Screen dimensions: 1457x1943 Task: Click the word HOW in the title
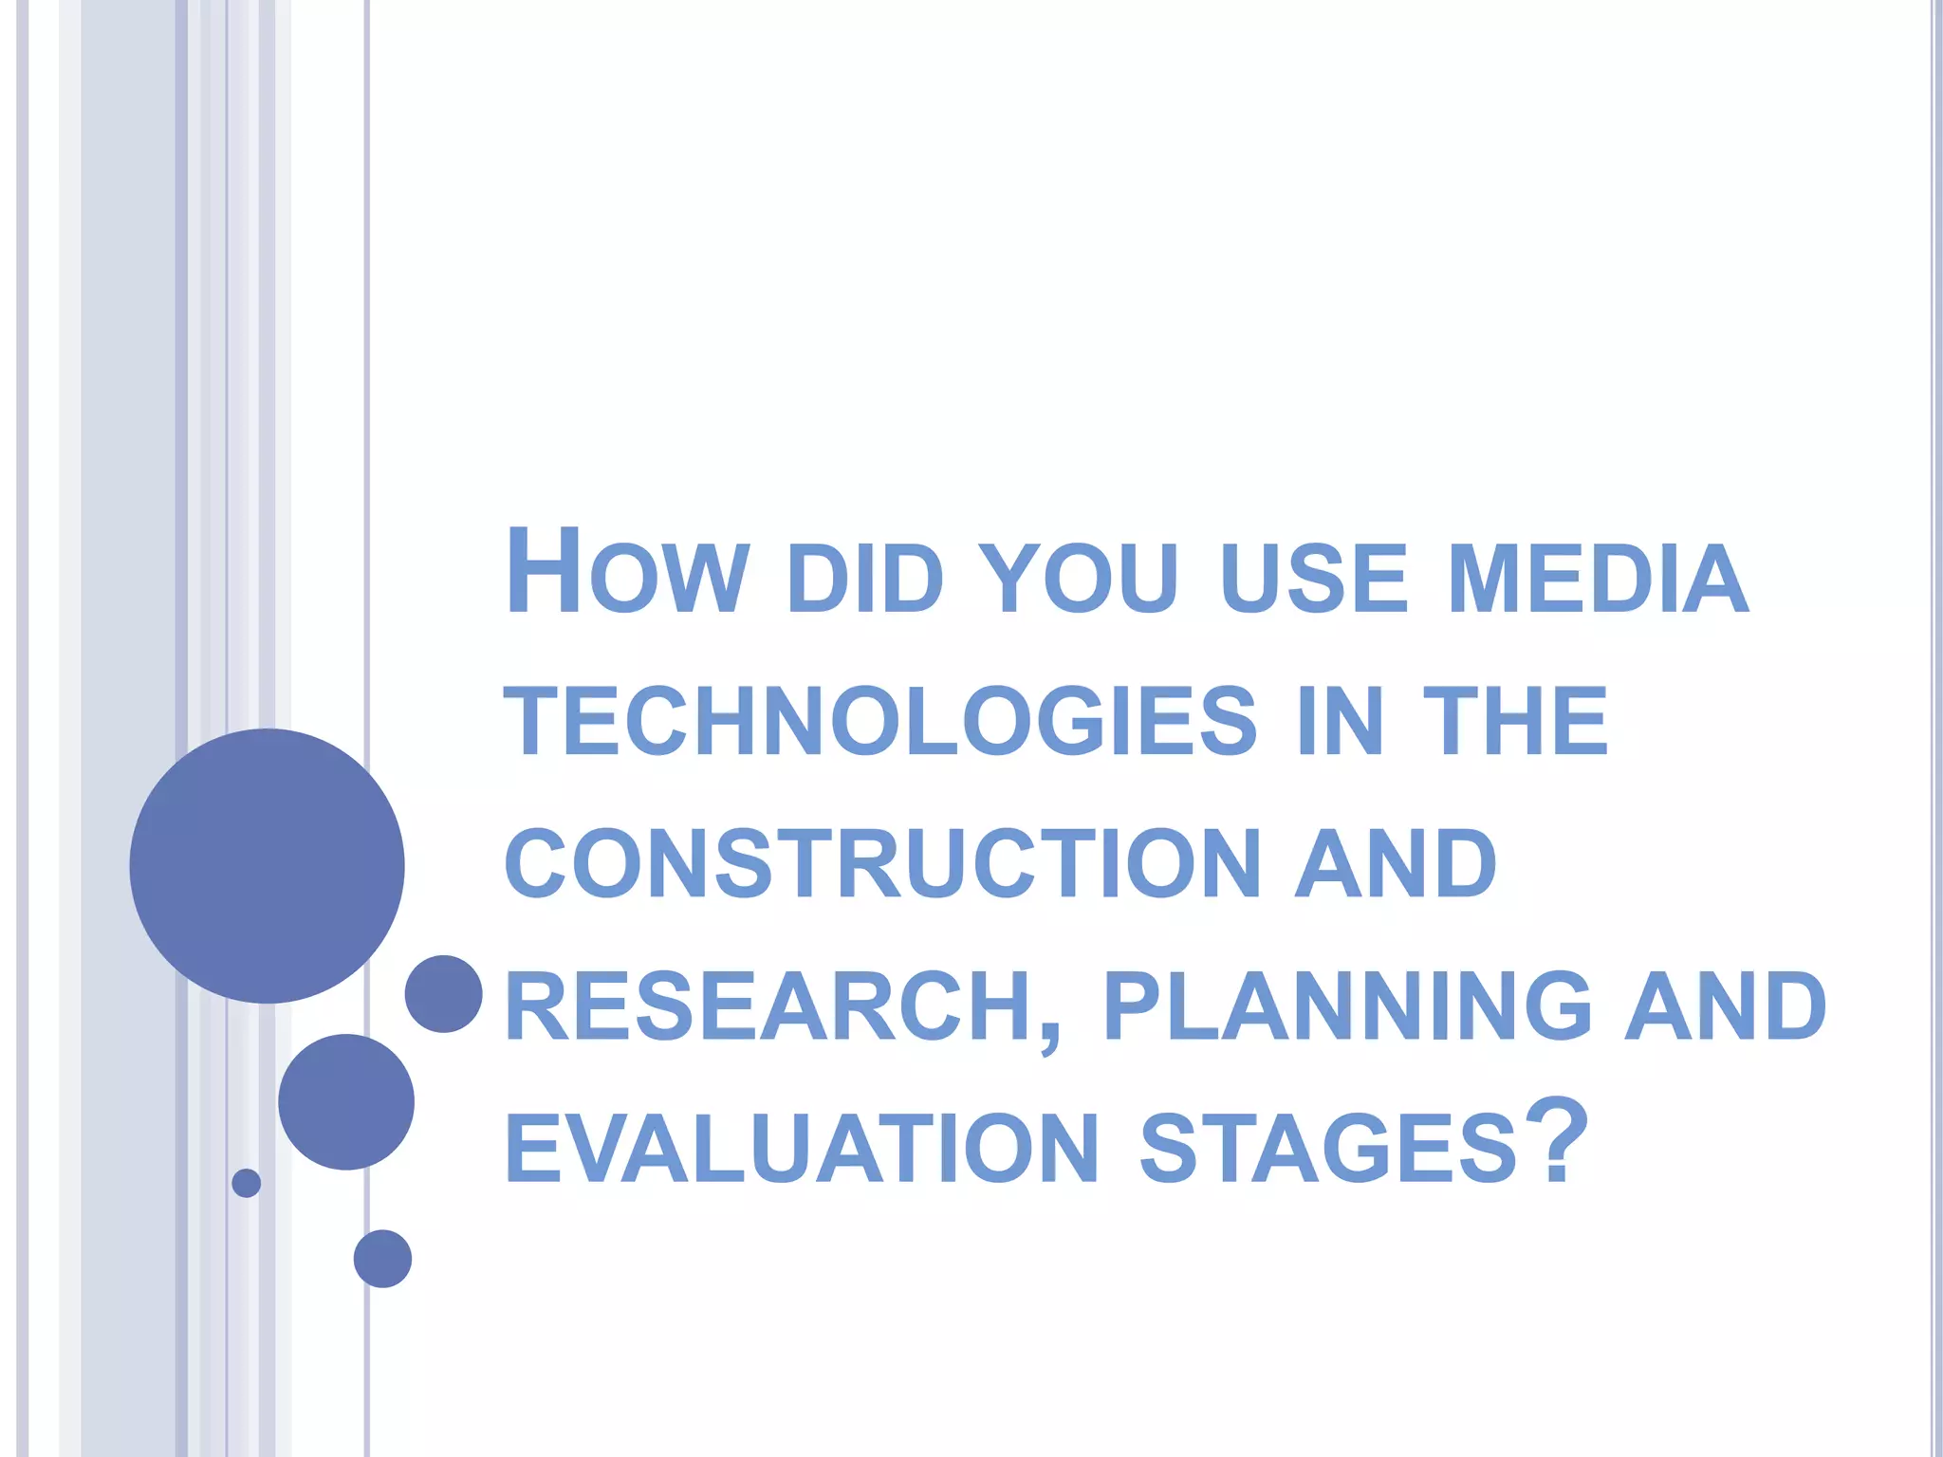(x=627, y=572)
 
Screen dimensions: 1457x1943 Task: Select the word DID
(x=864, y=578)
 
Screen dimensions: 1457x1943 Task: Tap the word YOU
(x=1078, y=578)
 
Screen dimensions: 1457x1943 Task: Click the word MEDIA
(x=1598, y=578)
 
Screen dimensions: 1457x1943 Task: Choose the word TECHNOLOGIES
(x=879, y=721)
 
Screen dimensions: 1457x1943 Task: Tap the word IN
(x=1339, y=721)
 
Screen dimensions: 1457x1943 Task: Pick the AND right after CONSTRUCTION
(x=1397, y=863)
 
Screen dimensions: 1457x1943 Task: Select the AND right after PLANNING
(x=1725, y=1005)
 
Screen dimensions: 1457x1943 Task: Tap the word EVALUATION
(x=803, y=1149)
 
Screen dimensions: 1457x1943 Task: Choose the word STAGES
(x=1328, y=1149)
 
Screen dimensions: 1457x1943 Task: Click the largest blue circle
(x=268, y=865)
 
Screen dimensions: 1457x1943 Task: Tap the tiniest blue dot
(x=247, y=1183)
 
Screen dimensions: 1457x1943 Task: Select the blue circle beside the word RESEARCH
(x=444, y=993)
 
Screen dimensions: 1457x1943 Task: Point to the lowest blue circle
(x=382, y=1259)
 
